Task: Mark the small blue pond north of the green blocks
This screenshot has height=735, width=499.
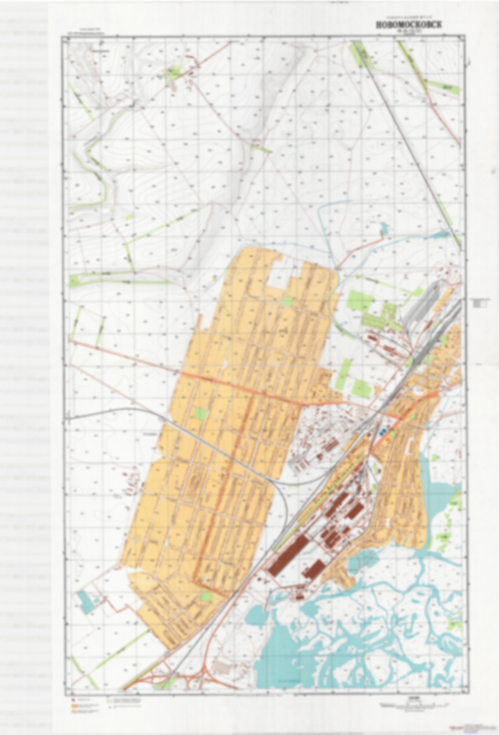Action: [384, 227]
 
